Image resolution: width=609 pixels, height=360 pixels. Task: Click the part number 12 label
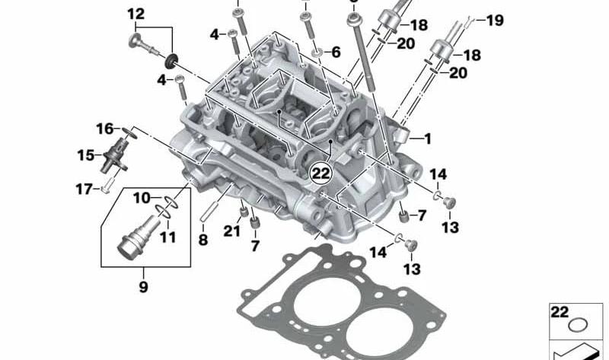click(136, 14)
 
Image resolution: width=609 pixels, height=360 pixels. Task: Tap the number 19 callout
click(495, 21)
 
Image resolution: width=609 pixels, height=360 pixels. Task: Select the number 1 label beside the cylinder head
click(428, 139)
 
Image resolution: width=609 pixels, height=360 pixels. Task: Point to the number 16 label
click(105, 129)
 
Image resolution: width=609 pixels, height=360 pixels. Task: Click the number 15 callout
click(86, 155)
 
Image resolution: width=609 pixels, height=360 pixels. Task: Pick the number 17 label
click(84, 190)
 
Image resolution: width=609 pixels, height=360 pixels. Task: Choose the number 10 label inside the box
click(142, 198)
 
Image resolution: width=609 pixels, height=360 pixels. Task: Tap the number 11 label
click(167, 237)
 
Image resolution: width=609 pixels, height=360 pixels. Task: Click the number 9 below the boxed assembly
click(143, 287)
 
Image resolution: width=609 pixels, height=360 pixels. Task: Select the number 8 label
click(203, 240)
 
